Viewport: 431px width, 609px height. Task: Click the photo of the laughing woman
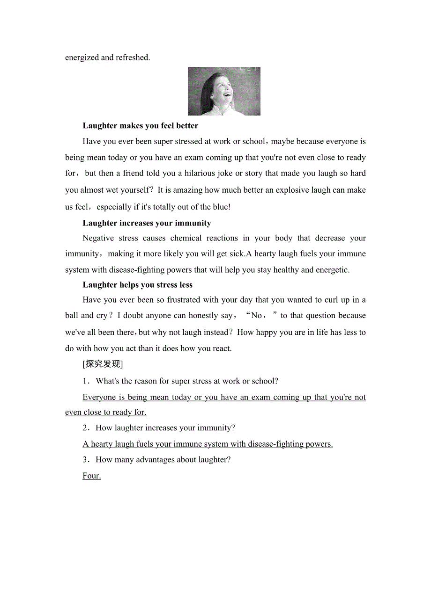click(224, 91)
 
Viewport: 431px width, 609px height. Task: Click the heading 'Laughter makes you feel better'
click(140, 125)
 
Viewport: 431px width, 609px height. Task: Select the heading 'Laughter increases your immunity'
click(147, 223)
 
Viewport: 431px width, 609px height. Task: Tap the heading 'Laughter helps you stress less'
click(137, 285)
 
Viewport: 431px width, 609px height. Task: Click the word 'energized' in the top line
click(82, 58)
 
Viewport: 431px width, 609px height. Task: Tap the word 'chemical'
click(186, 238)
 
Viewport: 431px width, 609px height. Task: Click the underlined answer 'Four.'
click(92, 476)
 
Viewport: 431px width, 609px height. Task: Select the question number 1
click(85, 381)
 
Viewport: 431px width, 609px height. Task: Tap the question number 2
click(85, 428)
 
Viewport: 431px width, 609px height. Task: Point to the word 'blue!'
click(220, 207)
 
